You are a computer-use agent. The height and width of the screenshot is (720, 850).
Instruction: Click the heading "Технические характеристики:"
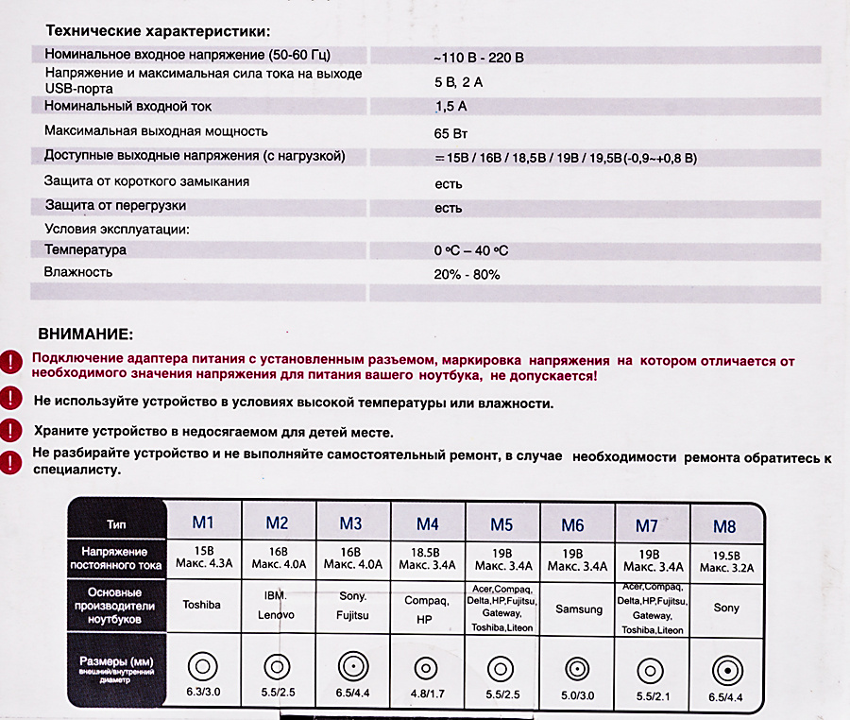click(157, 31)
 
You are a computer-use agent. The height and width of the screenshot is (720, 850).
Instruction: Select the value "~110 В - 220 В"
click(478, 58)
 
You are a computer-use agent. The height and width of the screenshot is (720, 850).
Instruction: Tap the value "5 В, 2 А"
click(458, 82)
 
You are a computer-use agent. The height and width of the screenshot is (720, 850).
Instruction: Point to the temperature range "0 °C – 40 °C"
click(470, 251)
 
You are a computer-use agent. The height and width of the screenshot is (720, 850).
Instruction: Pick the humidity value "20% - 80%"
click(467, 275)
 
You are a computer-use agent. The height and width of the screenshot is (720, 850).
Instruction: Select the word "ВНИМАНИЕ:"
click(86, 334)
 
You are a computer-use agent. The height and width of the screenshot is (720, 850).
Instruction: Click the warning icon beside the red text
click(9, 361)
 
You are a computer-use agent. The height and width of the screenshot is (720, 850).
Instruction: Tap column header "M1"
click(204, 523)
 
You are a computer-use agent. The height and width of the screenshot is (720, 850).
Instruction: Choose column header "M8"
click(724, 526)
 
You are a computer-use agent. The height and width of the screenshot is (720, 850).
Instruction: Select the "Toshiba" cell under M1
click(201, 605)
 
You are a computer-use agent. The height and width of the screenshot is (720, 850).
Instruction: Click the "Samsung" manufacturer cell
click(578, 609)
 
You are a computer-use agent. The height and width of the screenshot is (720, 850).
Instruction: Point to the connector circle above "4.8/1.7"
click(427, 666)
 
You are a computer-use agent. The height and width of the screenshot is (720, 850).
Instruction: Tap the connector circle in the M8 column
click(725, 668)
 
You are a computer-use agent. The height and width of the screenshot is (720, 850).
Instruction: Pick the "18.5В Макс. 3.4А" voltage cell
click(427, 558)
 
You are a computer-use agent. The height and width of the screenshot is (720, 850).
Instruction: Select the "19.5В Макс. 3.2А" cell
click(725, 562)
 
